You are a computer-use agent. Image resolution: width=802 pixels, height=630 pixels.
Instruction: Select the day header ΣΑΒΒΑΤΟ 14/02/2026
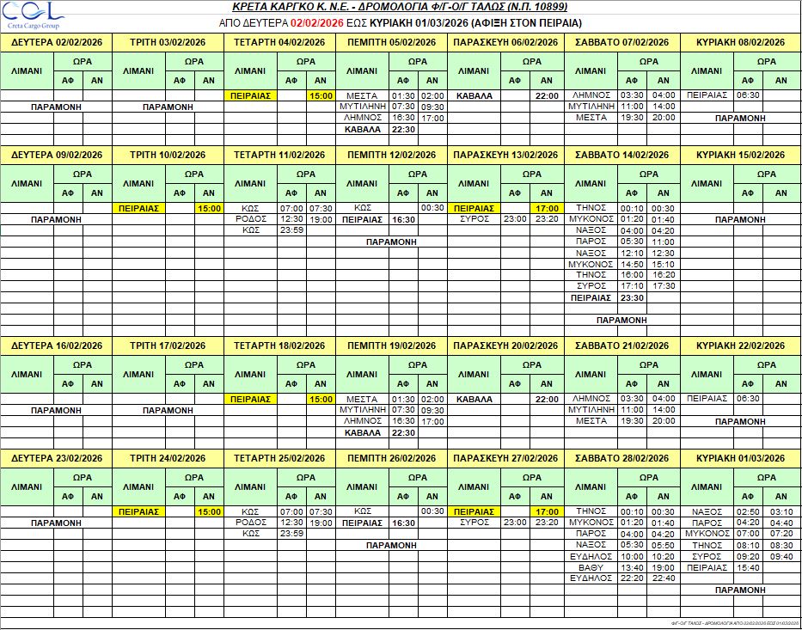coord(621,155)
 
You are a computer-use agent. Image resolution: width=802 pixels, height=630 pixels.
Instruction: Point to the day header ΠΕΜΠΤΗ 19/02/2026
coord(391,346)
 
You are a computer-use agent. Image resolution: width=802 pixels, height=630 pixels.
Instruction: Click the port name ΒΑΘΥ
coord(591,567)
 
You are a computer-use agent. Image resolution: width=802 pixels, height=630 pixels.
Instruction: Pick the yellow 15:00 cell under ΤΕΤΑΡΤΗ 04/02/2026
coord(321,95)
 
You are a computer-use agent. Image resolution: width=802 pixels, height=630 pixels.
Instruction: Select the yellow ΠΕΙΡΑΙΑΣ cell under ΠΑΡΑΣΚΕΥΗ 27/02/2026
coord(474,511)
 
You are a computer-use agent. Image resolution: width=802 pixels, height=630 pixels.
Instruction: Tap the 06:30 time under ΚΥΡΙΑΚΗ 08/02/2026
coord(749,95)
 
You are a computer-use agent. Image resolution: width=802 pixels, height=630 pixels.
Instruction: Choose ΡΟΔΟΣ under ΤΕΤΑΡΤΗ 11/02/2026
coord(251,219)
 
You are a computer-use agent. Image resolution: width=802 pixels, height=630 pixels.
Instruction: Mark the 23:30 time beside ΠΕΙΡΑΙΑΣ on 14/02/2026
coord(633,297)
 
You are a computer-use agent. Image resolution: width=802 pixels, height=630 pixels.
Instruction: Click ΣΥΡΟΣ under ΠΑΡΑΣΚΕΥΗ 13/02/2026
coord(474,219)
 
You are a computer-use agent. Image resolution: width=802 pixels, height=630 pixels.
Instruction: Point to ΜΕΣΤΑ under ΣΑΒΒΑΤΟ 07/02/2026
coord(591,118)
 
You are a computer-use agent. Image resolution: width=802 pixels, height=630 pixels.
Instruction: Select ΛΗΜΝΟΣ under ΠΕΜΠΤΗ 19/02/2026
coord(362,421)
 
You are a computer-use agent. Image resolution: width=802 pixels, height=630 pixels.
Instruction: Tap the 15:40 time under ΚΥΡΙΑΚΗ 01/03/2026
coord(749,567)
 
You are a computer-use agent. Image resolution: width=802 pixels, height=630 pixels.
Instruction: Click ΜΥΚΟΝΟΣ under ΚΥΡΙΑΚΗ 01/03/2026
coord(707,534)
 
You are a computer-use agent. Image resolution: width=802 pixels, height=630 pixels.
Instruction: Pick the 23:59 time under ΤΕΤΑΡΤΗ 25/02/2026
coord(292,534)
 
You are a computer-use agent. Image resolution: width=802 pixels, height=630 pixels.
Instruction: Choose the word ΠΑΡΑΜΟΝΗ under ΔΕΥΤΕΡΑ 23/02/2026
coord(56,523)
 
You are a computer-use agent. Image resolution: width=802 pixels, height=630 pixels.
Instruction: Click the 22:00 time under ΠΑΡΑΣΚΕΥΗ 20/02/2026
coord(547,399)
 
